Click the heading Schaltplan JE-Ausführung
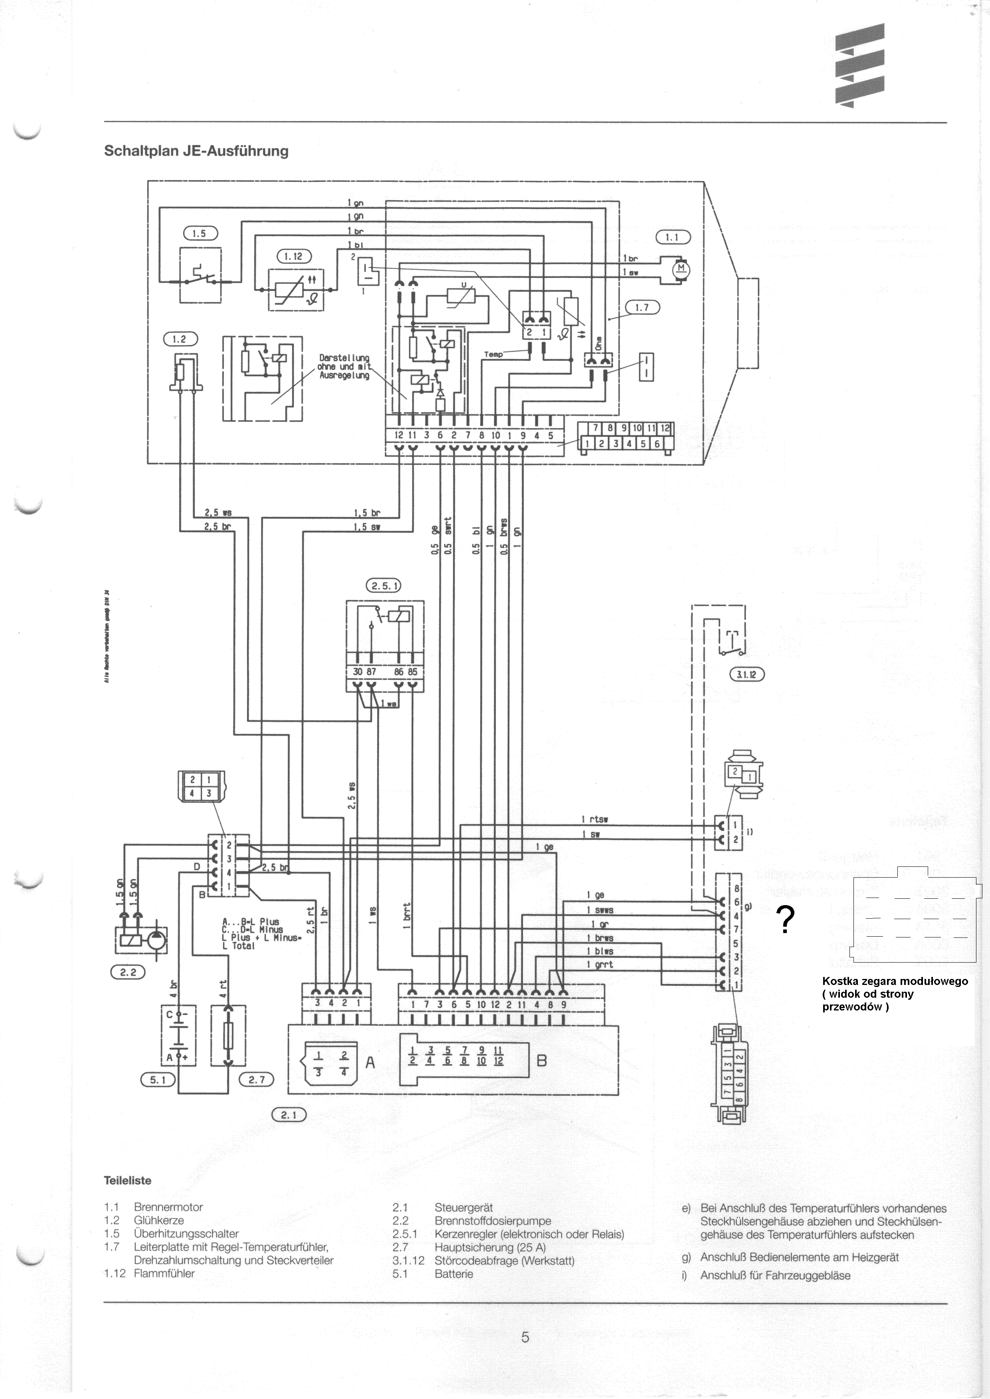pos(196,151)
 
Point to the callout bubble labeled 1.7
pos(642,308)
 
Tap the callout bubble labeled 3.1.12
pos(746,675)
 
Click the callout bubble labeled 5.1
pos(158,1080)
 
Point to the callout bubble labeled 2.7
pos(257,1080)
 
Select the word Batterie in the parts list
pos(453,1274)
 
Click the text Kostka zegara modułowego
pos(894,981)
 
